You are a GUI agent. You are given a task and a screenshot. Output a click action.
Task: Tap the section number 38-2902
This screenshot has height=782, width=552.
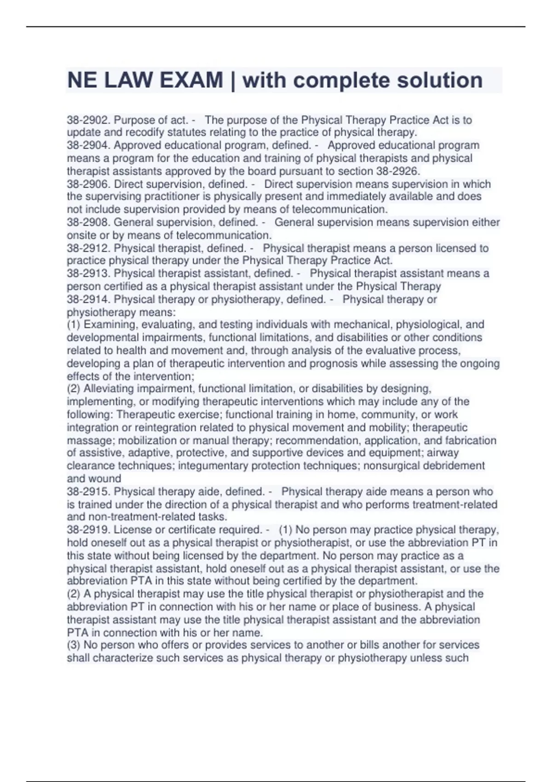[x=88, y=120]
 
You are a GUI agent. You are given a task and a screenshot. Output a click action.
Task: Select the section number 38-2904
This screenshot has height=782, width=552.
[x=88, y=145]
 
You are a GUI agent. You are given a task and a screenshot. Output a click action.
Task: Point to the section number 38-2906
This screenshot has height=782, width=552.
[x=88, y=184]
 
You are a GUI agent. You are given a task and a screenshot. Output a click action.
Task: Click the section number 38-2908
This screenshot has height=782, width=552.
[x=88, y=222]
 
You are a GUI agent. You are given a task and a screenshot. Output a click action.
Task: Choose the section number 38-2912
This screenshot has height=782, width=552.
[x=88, y=248]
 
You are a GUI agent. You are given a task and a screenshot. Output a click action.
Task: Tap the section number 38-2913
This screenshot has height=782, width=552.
[x=88, y=273]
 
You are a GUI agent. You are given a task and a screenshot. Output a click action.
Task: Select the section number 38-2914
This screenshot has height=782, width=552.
[x=88, y=299]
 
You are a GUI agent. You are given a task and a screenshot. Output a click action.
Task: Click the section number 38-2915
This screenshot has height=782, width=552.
[x=88, y=491]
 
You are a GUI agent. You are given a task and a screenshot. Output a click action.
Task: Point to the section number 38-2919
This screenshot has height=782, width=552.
[x=88, y=529]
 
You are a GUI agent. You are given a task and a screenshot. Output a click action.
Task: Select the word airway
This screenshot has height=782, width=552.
[x=443, y=453]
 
